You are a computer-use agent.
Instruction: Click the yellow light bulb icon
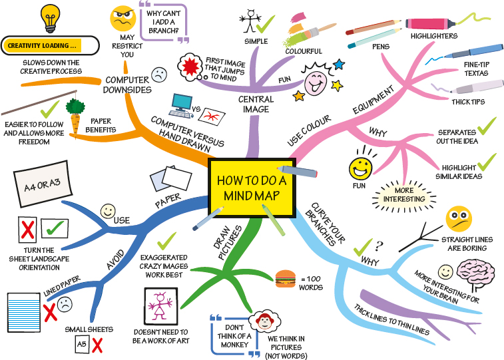click(51, 19)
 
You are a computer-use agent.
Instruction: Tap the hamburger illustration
click(284, 278)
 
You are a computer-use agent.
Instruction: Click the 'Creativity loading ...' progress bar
click(49, 47)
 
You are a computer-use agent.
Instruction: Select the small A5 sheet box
click(81, 345)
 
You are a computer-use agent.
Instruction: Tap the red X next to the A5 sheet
click(97, 345)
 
